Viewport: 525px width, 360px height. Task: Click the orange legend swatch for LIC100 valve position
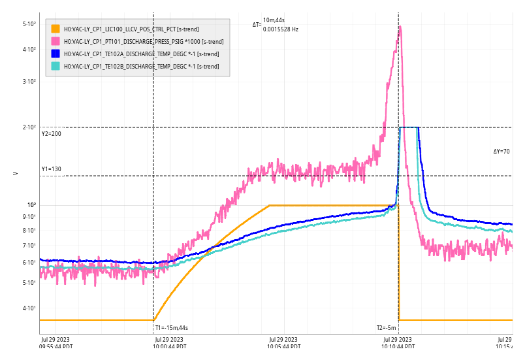(x=56, y=29)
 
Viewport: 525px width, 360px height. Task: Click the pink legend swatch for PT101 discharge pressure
(x=56, y=41)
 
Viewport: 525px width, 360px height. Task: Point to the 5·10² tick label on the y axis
(x=29, y=24)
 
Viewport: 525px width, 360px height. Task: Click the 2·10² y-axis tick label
(x=29, y=127)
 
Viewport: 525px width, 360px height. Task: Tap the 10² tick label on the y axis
(x=31, y=205)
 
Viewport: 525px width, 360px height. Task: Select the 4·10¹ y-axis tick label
(x=29, y=308)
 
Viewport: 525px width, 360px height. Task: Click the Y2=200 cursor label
(x=52, y=134)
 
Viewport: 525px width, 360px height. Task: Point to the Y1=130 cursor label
(x=52, y=169)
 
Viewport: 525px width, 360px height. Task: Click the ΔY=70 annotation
(x=501, y=152)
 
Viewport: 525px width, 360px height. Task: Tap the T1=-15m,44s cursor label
(x=172, y=328)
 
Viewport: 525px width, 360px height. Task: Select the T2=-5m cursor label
(x=387, y=328)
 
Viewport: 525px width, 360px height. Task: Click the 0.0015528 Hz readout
(x=281, y=29)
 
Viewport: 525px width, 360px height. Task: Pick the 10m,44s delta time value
(x=274, y=20)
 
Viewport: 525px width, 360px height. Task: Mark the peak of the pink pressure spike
(x=400, y=27)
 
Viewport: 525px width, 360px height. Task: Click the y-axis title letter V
(x=15, y=173)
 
